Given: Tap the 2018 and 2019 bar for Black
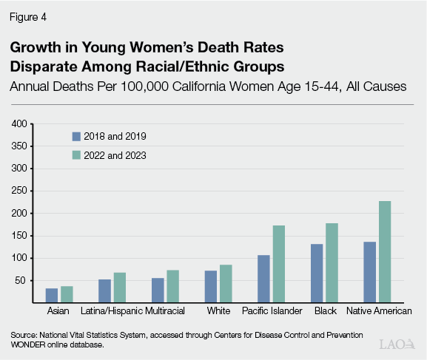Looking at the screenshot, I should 317,274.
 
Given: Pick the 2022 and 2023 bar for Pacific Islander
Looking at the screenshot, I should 278,264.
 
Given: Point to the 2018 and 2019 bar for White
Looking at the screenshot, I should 211,287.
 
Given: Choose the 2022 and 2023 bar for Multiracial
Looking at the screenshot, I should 173,287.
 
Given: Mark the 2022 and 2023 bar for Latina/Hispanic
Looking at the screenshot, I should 119,288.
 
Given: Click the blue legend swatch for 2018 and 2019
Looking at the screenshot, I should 75,136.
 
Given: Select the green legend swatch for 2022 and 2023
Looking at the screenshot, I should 75,155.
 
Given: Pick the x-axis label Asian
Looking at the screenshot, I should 58,311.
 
